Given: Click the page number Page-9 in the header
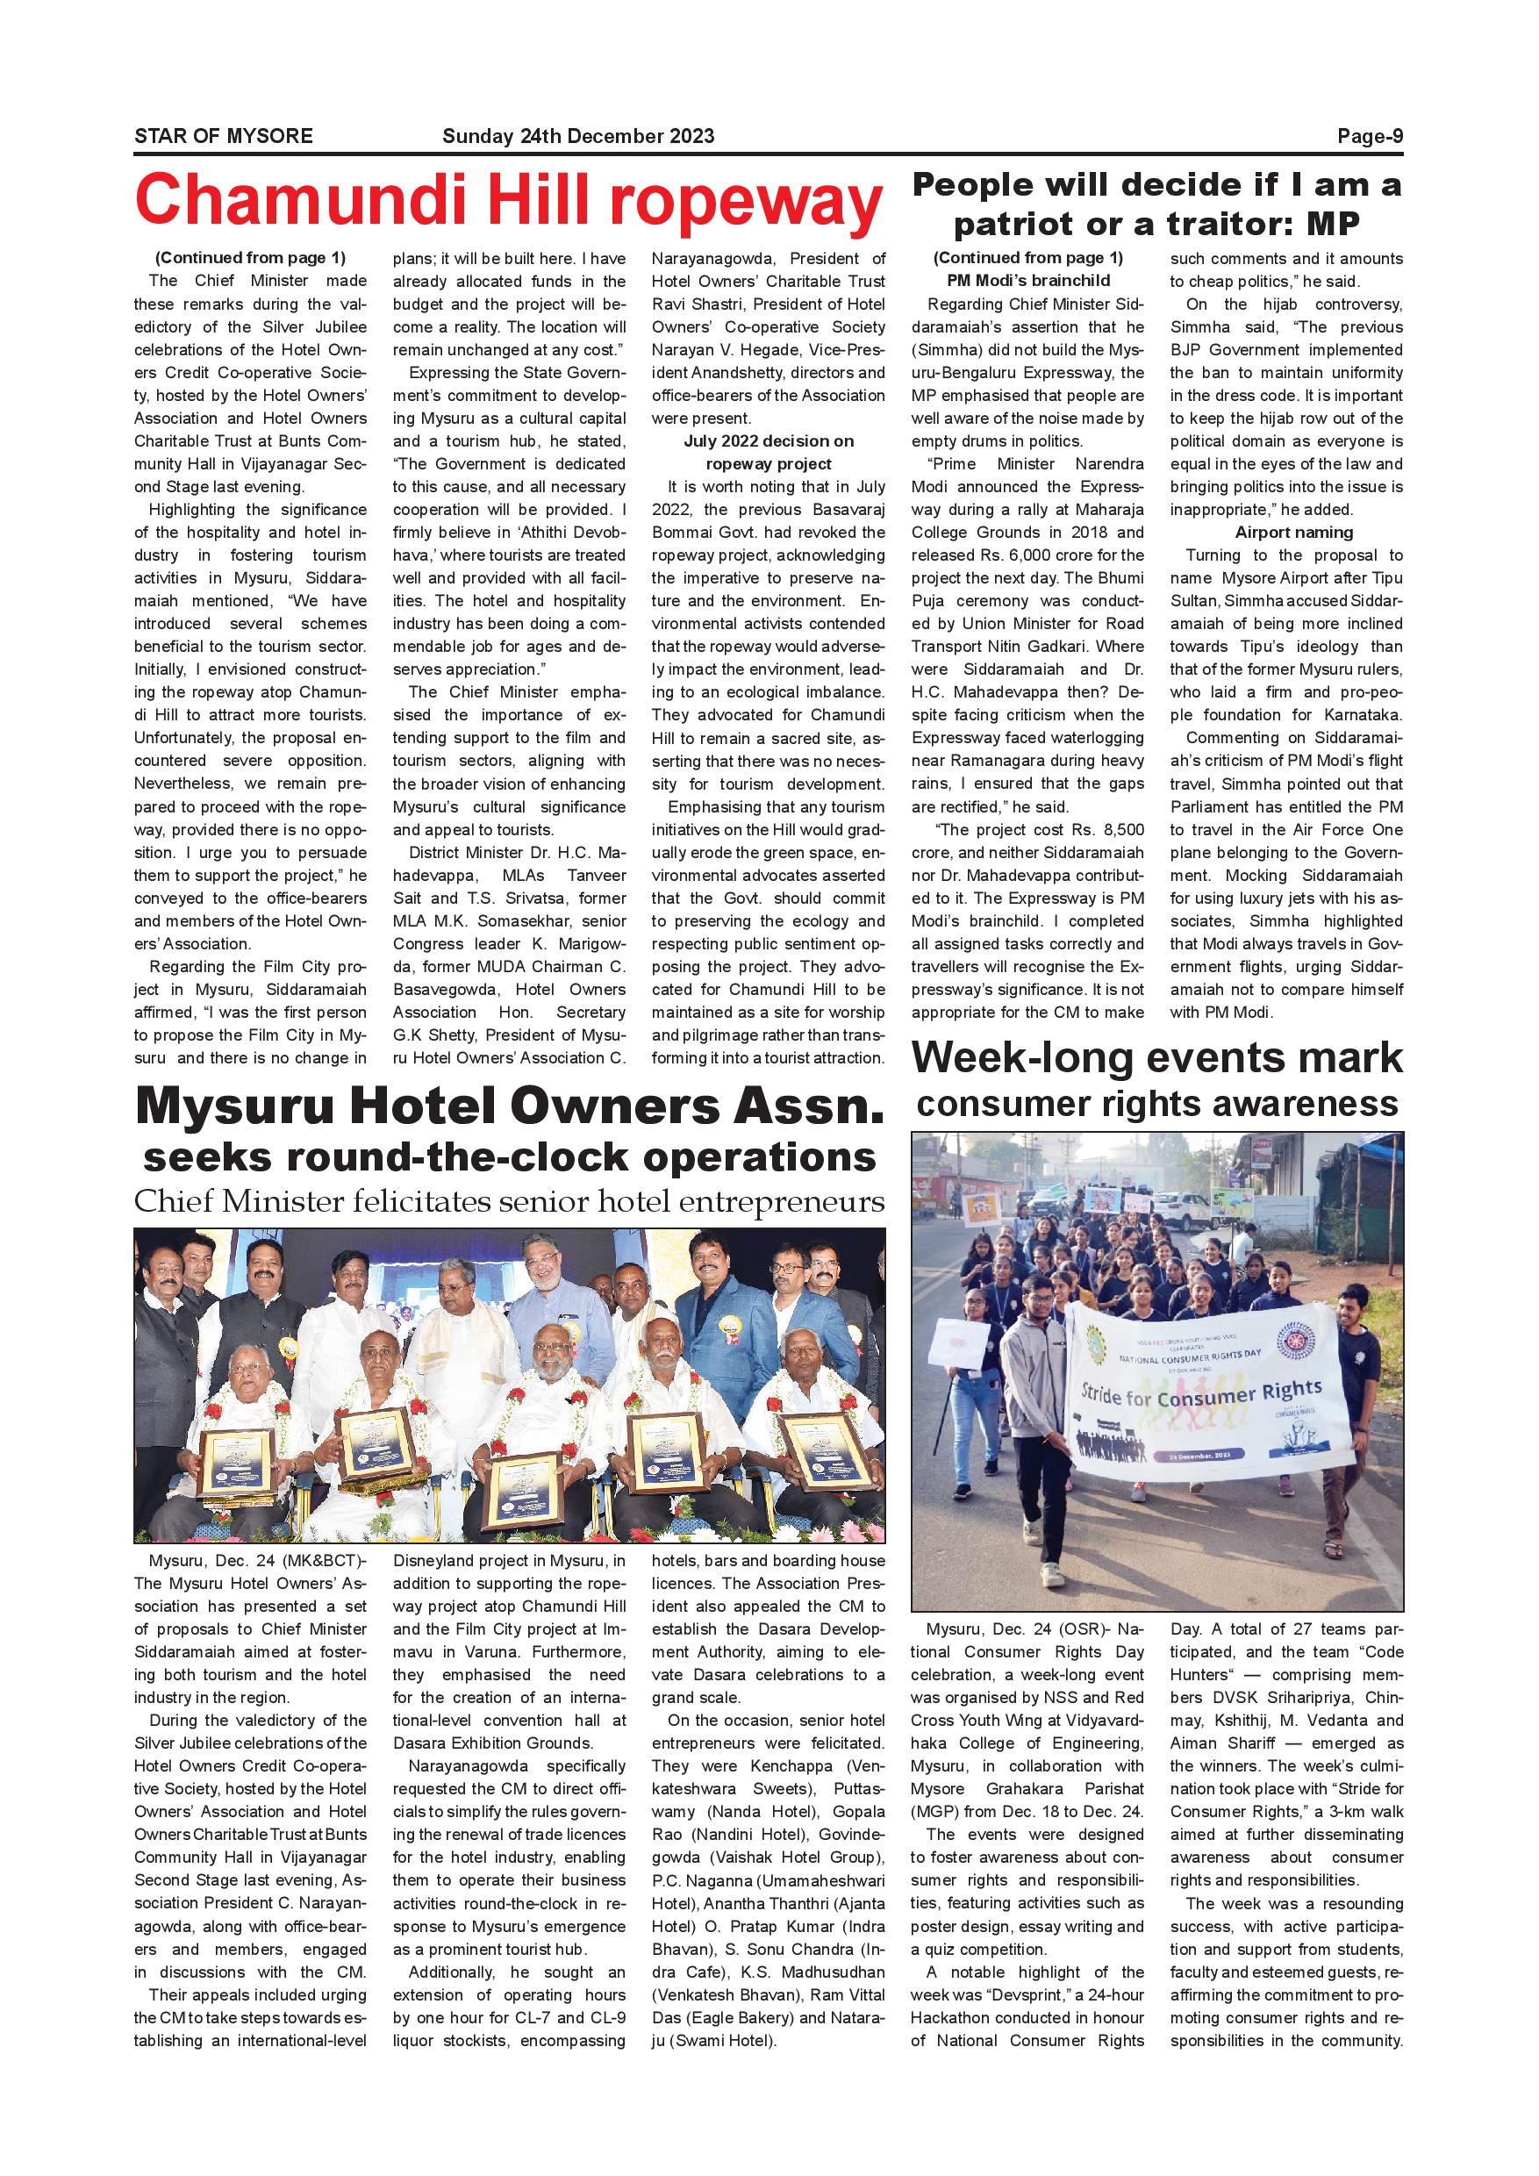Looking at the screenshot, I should click(x=1370, y=135).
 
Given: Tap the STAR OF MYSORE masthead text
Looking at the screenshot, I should click(x=224, y=135).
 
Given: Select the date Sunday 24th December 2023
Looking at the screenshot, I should click(x=578, y=135).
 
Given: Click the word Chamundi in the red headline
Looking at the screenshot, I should click(x=303, y=201).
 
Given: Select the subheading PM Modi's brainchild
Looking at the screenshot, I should click(x=1027, y=281).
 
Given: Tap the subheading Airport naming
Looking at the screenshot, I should click(x=1293, y=533).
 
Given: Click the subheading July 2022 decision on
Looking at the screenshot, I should click(x=768, y=440).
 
